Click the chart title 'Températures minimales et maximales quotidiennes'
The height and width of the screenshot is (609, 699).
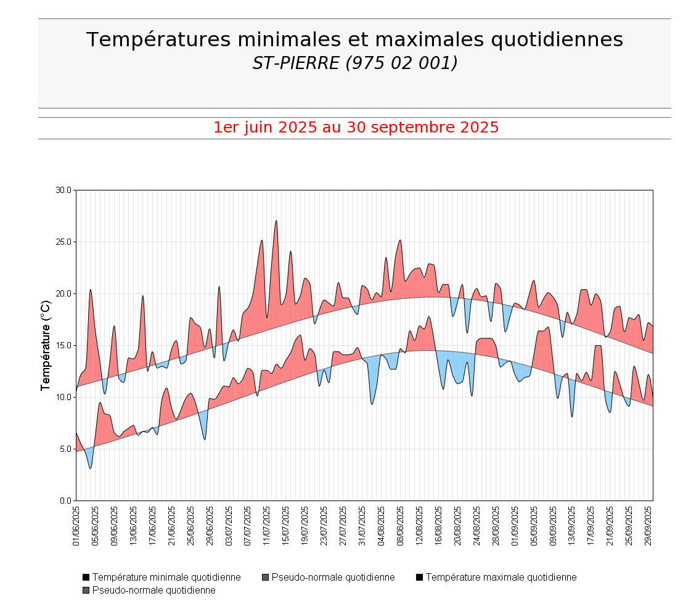point(354,39)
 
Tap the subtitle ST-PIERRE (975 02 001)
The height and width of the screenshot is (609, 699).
point(354,63)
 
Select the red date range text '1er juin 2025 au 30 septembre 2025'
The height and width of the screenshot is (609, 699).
point(356,128)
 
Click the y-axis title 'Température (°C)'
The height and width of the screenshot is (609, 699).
point(45,345)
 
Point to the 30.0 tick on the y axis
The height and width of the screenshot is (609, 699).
point(63,190)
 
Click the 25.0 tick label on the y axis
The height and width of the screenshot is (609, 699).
point(63,242)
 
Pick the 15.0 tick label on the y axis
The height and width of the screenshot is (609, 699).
point(63,345)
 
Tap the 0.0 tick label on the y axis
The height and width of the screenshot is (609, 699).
point(65,501)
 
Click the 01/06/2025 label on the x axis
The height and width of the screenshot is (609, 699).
point(76,526)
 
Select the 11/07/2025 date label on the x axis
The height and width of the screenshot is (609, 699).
point(267,526)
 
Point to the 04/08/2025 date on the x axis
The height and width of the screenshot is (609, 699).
point(381,526)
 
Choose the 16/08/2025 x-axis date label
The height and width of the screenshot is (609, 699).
point(438,526)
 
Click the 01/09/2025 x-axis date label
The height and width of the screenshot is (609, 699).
point(515,526)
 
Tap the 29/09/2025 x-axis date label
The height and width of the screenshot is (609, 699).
point(648,526)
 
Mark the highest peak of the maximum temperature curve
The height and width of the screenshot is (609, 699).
point(276,221)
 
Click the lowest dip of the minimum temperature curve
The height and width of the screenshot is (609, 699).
point(91,468)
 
